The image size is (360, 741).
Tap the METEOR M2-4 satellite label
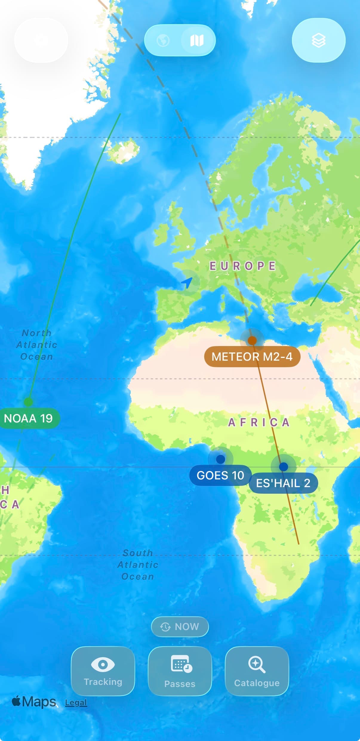(x=252, y=356)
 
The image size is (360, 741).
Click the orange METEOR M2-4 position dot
(x=252, y=340)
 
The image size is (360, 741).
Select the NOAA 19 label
(x=28, y=418)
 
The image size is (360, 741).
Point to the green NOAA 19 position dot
(x=28, y=402)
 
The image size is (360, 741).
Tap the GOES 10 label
(x=220, y=475)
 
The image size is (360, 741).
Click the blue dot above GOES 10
(x=221, y=459)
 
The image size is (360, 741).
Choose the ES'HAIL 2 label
(x=283, y=483)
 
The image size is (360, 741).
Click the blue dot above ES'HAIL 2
(x=283, y=467)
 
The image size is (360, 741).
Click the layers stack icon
(x=319, y=40)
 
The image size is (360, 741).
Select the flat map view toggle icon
(x=197, y=40)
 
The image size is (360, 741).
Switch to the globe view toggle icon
(x=163, y=40)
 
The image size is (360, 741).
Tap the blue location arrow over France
(x=187, y=282)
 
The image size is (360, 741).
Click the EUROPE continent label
(x=242, y=266)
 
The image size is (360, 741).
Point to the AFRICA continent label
(x=259, y=422)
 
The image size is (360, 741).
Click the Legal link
(x=76, y=703)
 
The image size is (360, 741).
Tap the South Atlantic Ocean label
(x=138, y=564)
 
